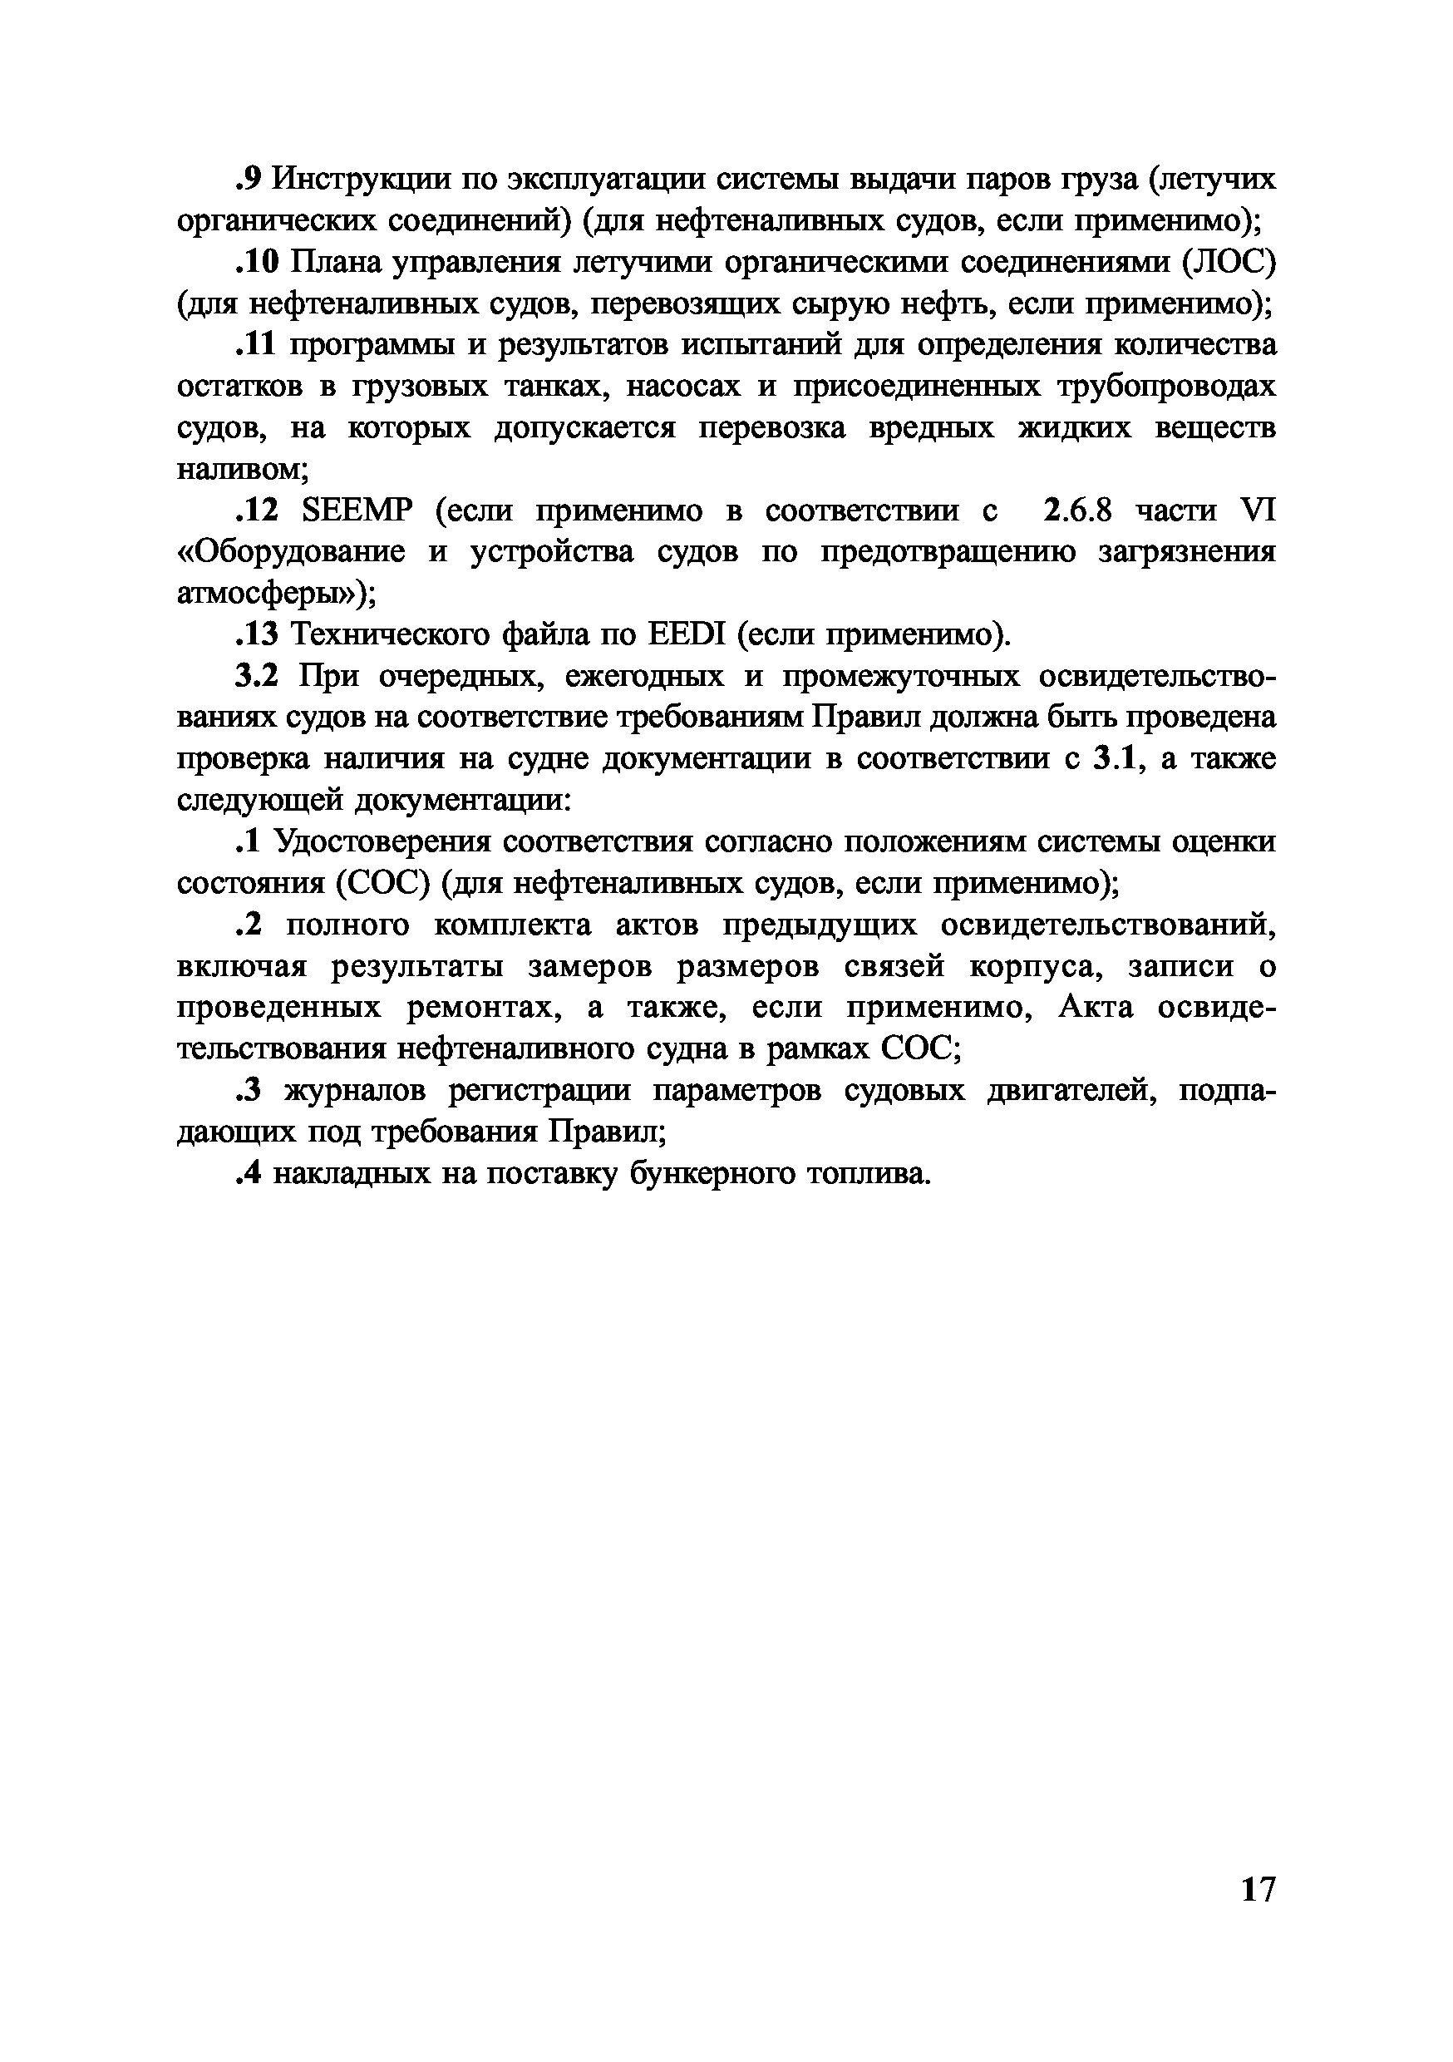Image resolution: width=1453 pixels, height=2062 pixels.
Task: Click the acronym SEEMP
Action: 358,511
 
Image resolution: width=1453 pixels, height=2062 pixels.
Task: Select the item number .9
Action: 248,180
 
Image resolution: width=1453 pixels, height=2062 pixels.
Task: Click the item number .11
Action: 257,345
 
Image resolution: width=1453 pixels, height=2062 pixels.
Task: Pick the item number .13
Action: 258,635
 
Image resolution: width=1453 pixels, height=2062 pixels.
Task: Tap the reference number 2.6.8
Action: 1077,511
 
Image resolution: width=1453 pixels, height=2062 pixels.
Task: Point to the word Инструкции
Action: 362,180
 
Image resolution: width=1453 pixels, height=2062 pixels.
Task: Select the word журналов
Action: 356,1090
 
